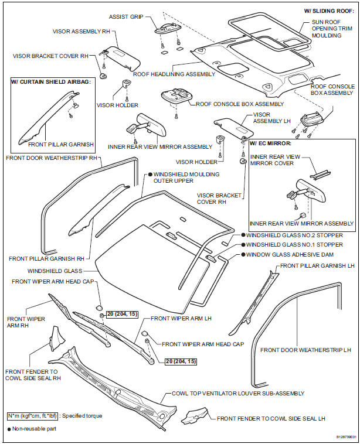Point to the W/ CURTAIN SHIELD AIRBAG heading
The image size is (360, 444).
[52, 81]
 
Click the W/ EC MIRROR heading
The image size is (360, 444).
[271, 142]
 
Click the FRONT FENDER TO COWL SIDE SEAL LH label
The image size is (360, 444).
[271, 419]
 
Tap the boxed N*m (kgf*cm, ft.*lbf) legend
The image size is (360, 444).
[37, 416]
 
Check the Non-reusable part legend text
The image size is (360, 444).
[35, 429]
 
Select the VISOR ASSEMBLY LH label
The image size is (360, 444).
[267, 119]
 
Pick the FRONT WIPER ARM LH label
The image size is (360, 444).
[175, 318]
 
